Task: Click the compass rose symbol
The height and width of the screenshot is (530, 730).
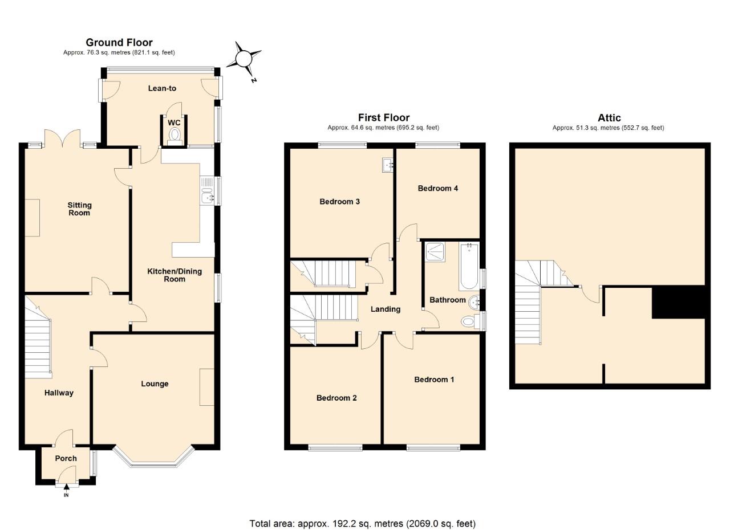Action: [244, 59]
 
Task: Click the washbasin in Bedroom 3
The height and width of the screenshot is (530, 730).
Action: [388, 165]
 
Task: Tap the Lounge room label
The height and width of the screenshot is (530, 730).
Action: [155, 384]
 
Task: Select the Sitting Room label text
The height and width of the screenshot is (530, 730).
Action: [79, 209]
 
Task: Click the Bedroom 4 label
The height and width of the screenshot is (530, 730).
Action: [437, 188]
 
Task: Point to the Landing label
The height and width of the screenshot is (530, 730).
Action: [386, 309]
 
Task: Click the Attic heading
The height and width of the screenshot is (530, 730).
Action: [609, 118]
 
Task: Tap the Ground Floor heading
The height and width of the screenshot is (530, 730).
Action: [119, 42]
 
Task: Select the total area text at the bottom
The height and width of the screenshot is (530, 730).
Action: [362, 523]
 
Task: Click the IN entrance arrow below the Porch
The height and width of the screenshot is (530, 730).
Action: [66, 487]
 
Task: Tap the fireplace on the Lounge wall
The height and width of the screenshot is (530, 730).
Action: [206, 387]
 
